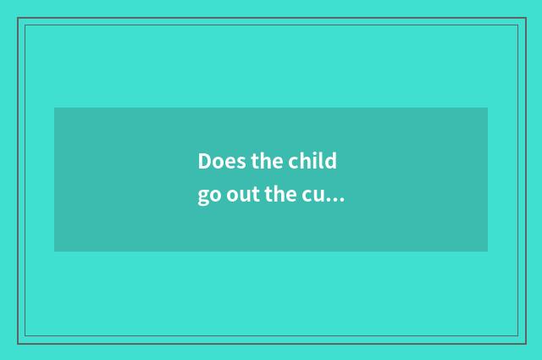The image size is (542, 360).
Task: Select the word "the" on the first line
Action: tap(266, 162)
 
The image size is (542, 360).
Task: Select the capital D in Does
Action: tap(205, 162)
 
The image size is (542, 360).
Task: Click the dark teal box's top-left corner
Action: tap(54, 108)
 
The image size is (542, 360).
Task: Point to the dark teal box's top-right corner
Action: tap(488, 108)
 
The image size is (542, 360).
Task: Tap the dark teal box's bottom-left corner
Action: tap(54, 252)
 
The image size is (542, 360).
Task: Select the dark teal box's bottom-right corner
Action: tap(488, 252)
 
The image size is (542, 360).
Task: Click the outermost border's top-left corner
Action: tap(18, 18)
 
